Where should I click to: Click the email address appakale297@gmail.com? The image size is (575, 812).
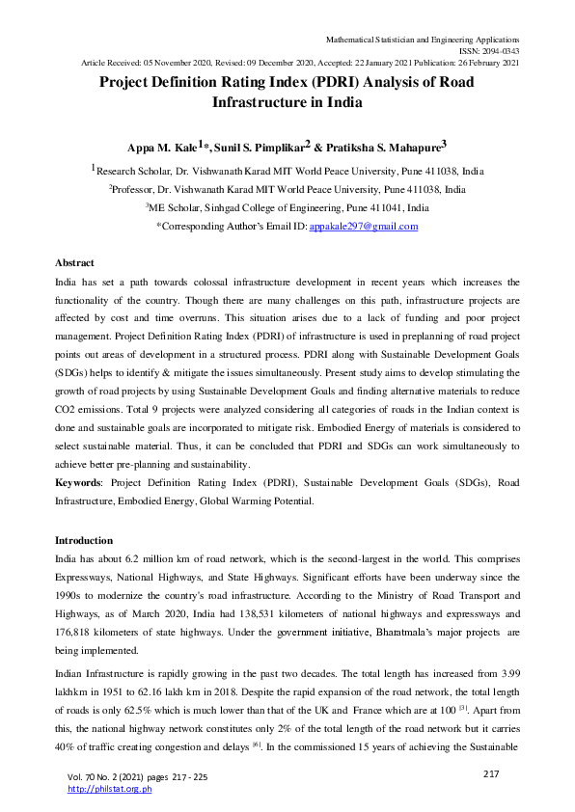pos(364,227)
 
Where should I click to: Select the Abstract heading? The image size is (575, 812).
pos(74,262)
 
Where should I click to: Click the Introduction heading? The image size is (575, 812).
pos(84,540)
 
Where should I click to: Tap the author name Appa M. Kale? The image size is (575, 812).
pos(162,148)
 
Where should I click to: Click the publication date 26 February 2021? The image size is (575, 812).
pos(481,63)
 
